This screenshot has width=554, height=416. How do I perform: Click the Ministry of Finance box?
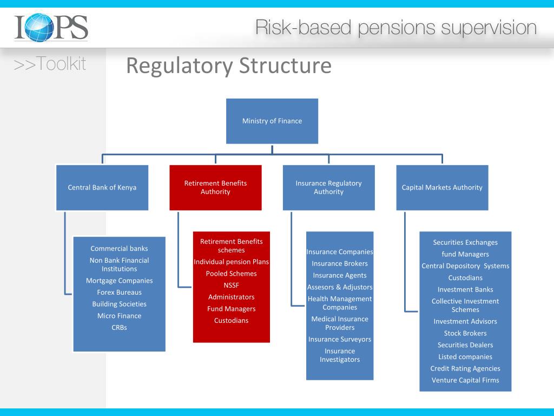pos(272,121)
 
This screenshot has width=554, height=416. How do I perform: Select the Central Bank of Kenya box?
pos(102,187)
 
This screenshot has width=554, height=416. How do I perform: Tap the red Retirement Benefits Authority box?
pos(215,187)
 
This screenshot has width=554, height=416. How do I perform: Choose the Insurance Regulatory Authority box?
pos(328,187)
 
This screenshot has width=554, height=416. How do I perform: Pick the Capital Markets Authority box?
pos(442,187)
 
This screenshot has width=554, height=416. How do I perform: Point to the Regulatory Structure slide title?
pos(228,66)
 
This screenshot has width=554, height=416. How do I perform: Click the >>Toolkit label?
pos(50,64)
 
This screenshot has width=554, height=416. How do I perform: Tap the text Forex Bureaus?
pos(119,292)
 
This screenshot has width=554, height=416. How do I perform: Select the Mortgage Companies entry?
pos(119,281)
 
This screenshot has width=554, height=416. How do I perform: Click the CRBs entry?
pos(119,328)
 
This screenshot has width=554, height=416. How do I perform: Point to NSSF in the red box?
pos(231,285)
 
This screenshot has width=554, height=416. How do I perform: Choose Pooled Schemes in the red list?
pos(231,274)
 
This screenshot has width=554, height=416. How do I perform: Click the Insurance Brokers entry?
pos(340,264)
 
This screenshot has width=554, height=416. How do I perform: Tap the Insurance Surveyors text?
pos(340,340)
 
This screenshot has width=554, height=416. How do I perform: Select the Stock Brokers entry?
pos(465,334)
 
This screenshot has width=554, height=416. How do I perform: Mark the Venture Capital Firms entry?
pos(465,380)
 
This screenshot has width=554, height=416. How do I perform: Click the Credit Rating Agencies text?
pos(465,368)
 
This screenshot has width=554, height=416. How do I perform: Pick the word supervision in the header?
pos(489,28)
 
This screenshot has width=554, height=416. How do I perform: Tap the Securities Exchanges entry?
pos(465,243)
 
